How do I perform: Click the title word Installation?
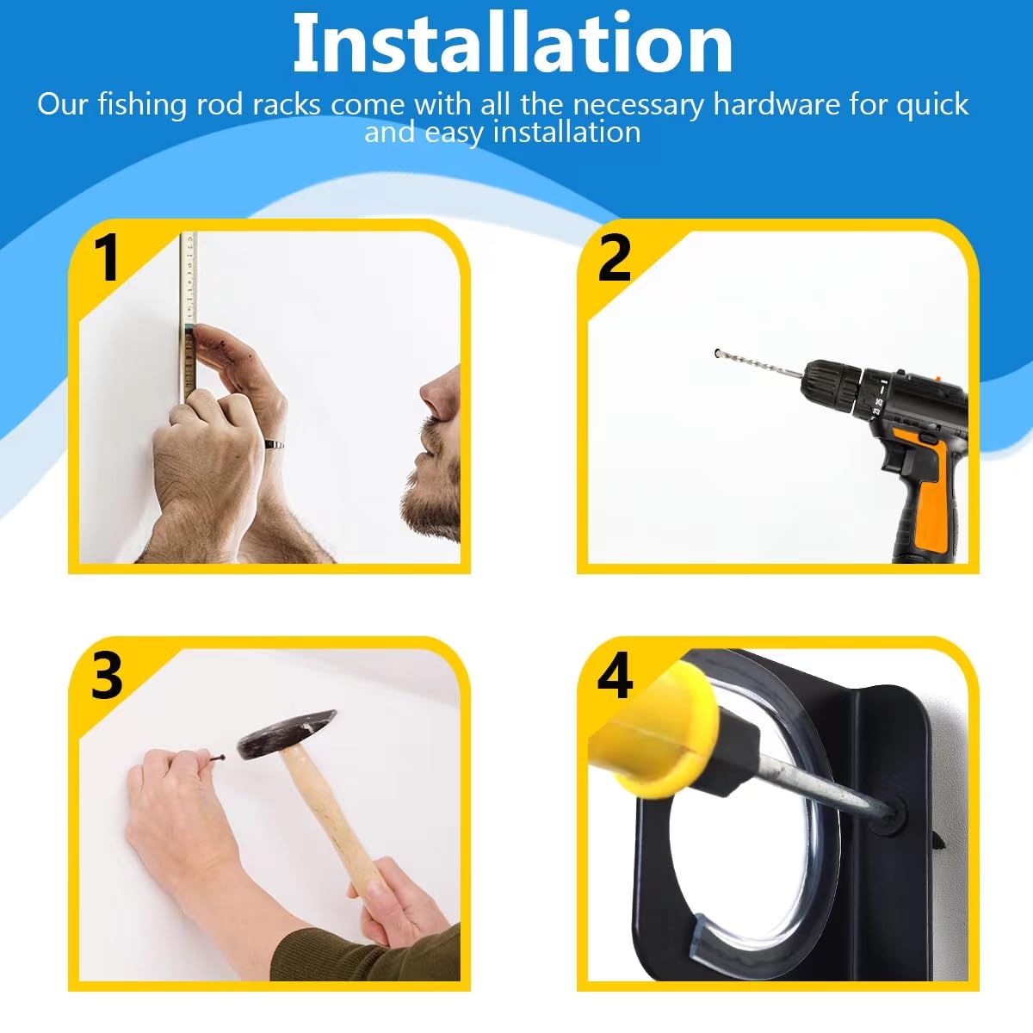point(512,43)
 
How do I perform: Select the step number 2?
point(615,258)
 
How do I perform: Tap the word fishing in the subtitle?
point(142,104)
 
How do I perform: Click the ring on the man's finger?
point(274,444)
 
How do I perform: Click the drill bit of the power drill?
point(759,362)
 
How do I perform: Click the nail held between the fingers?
point(213,759)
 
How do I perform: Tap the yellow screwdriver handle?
point(653,733)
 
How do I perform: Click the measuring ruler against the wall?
point(189,316)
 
